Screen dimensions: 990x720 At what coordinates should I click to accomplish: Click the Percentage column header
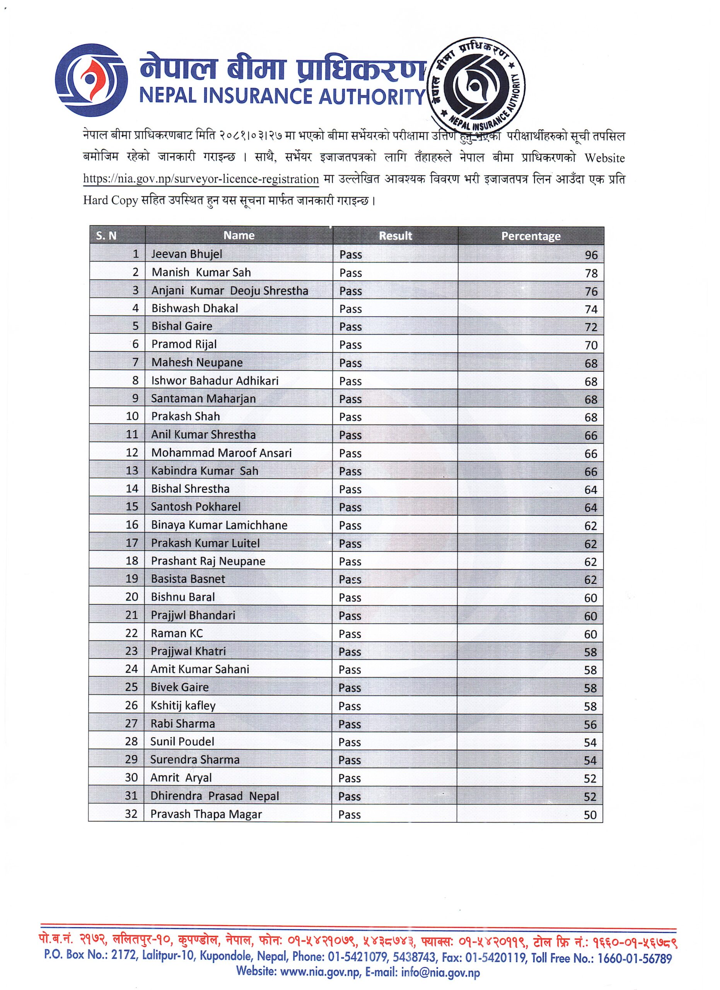pos(531,236)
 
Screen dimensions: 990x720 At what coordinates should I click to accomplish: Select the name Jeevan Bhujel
pos(186,254)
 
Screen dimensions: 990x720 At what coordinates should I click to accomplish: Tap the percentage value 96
pos(591,255)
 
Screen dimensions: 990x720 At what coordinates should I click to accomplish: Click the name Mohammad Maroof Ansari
pos(221,453)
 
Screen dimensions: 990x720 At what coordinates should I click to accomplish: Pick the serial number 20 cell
pos(132,597)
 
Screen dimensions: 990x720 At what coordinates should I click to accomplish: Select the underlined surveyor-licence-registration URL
pos(201,179)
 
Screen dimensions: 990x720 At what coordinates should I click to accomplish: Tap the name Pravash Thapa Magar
pos(206,814)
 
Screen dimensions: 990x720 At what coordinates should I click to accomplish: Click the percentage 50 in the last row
pos(590,815)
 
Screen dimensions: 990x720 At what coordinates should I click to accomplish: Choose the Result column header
pos(395,236)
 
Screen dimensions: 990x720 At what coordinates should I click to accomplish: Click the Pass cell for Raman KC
pos(350,634)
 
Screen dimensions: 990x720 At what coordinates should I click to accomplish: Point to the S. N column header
pos(106,236)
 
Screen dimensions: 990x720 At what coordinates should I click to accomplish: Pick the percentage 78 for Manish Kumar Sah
pos(591,273)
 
